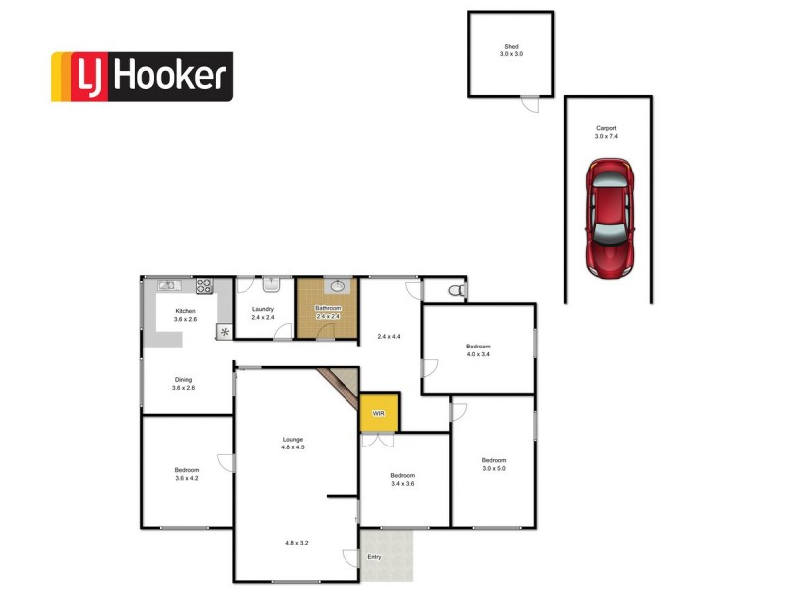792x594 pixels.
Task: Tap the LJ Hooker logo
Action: [x=142, y=77]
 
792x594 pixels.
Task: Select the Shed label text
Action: [x=511, y=49]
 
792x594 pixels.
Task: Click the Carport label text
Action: [x=607, y=132]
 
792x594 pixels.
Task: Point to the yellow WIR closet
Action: [x=378, y=413]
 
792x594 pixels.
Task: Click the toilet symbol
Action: [x=456, y=290]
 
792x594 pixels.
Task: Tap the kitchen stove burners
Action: [x=205, y=286]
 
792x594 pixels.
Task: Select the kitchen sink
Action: [x=166, y=286]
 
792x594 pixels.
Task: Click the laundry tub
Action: [x=270, y=284]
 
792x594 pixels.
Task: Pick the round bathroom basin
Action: [x=337, y=286]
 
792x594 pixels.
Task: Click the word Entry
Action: [x=374, y=557]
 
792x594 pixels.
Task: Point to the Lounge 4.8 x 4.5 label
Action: [x=292, y=444]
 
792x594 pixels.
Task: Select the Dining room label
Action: [x=184, y=383]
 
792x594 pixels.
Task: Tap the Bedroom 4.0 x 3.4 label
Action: [x=479, y=349]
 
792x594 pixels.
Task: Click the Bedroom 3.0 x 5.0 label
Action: [x=494, y=464]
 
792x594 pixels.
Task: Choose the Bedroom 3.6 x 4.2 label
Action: [x=187, y=474]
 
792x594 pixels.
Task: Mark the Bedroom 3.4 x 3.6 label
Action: [x=402, y=479]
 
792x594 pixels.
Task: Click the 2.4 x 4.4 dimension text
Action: [x=390, y=336]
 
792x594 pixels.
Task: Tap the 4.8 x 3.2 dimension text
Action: [x=297, y=543]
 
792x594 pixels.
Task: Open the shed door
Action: [x=530, y=97]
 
